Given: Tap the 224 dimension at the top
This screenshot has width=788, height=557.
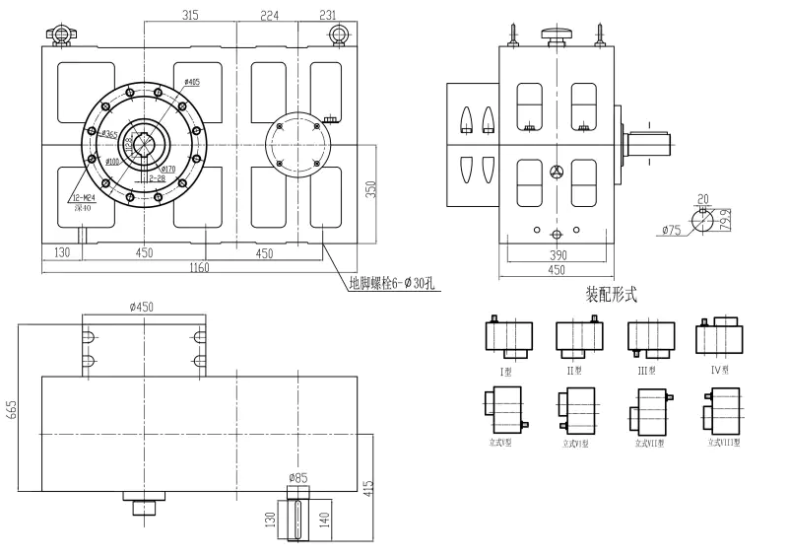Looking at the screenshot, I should tap(269, 15).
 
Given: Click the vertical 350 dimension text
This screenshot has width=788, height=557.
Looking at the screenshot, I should tap(371, 189).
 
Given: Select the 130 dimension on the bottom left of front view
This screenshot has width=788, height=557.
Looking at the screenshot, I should tap(63, 252).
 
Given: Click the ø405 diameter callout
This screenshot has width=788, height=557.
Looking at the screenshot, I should tap(191, 82).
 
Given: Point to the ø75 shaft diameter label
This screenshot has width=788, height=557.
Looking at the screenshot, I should tap(672, 231).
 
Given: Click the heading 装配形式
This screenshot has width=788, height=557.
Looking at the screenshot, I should tap(612, 294).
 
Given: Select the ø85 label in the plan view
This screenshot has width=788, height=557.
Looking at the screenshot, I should tap(297, 479).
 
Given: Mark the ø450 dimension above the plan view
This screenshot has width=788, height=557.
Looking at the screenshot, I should tap(144, 307).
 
